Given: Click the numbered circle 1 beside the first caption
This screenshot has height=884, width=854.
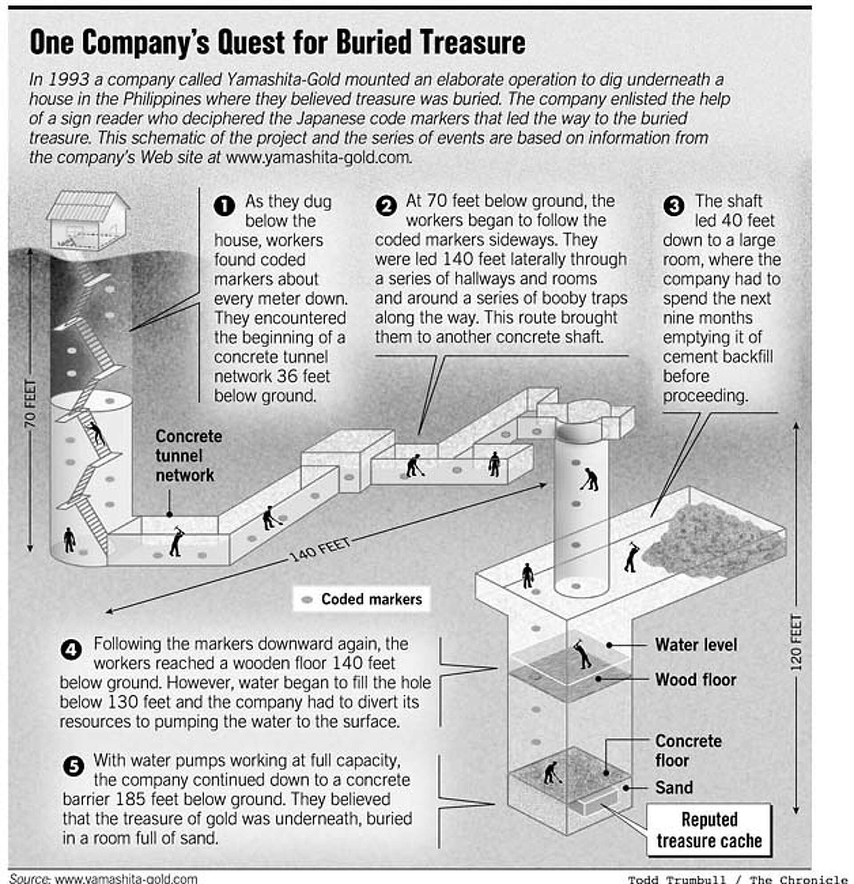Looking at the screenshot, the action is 224,206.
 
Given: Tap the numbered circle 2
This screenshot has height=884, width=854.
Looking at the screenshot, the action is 386,206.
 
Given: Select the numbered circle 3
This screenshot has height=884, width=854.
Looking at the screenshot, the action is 674,206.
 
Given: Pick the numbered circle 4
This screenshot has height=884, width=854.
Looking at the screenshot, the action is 71,650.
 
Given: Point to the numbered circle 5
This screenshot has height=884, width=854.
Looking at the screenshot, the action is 73,766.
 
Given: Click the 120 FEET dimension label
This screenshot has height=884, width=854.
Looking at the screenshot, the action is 796,642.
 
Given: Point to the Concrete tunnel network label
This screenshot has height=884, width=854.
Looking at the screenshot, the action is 189,456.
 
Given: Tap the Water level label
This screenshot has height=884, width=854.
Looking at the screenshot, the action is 696,645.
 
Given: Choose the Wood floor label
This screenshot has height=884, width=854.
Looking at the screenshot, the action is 695,679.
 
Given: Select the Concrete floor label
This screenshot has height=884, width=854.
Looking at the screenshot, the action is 688,751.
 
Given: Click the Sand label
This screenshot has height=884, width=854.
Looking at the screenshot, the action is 674,787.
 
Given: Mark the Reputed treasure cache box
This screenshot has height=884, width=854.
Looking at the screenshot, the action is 709,829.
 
